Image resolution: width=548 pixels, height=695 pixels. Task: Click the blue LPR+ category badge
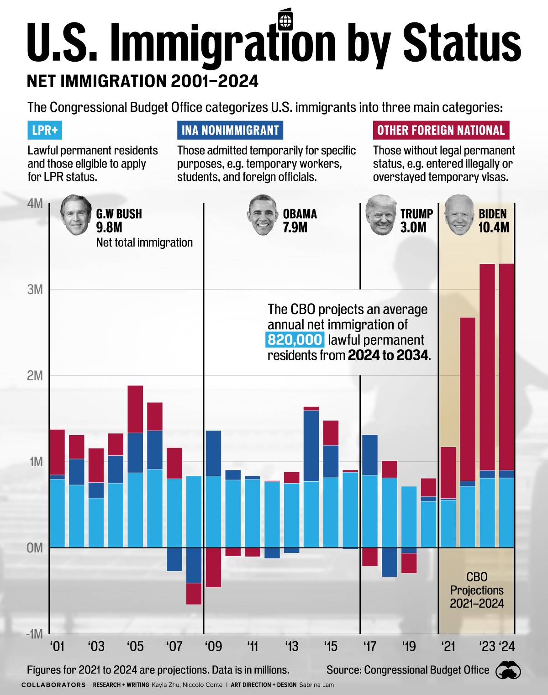(x=45, y=130)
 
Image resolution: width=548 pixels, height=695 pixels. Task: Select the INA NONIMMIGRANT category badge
(x=230, y=130)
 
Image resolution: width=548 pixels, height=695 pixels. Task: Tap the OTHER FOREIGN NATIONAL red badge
(x=441, y=130)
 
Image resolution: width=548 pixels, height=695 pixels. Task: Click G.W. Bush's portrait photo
(x=76, y=215)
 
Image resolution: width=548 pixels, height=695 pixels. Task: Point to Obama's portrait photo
(x=263, y=215)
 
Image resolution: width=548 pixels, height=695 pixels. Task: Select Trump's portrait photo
(x=381, y=215)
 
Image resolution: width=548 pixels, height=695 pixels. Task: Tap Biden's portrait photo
(x=459, y=215)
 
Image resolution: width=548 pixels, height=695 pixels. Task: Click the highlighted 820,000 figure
(x=295, y=340)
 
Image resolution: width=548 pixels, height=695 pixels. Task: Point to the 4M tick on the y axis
(x=35, y=203)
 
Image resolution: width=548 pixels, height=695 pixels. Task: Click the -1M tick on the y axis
(x=34, y=634)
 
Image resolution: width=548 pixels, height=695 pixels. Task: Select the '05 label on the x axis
(x=135, y=647)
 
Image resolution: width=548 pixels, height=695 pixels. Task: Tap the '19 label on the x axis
(x=409, y=647)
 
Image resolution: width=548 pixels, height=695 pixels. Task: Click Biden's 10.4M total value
(x=494, y=227)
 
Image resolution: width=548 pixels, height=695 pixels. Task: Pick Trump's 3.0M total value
(x=413, y=227)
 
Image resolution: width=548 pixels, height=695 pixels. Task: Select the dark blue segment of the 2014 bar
(x=311, y=446)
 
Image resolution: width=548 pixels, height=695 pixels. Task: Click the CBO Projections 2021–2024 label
(x=477, y=590)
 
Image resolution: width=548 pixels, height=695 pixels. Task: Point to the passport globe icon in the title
(x=285, y=20)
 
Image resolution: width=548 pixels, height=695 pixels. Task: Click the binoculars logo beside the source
(x=508, y=670)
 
